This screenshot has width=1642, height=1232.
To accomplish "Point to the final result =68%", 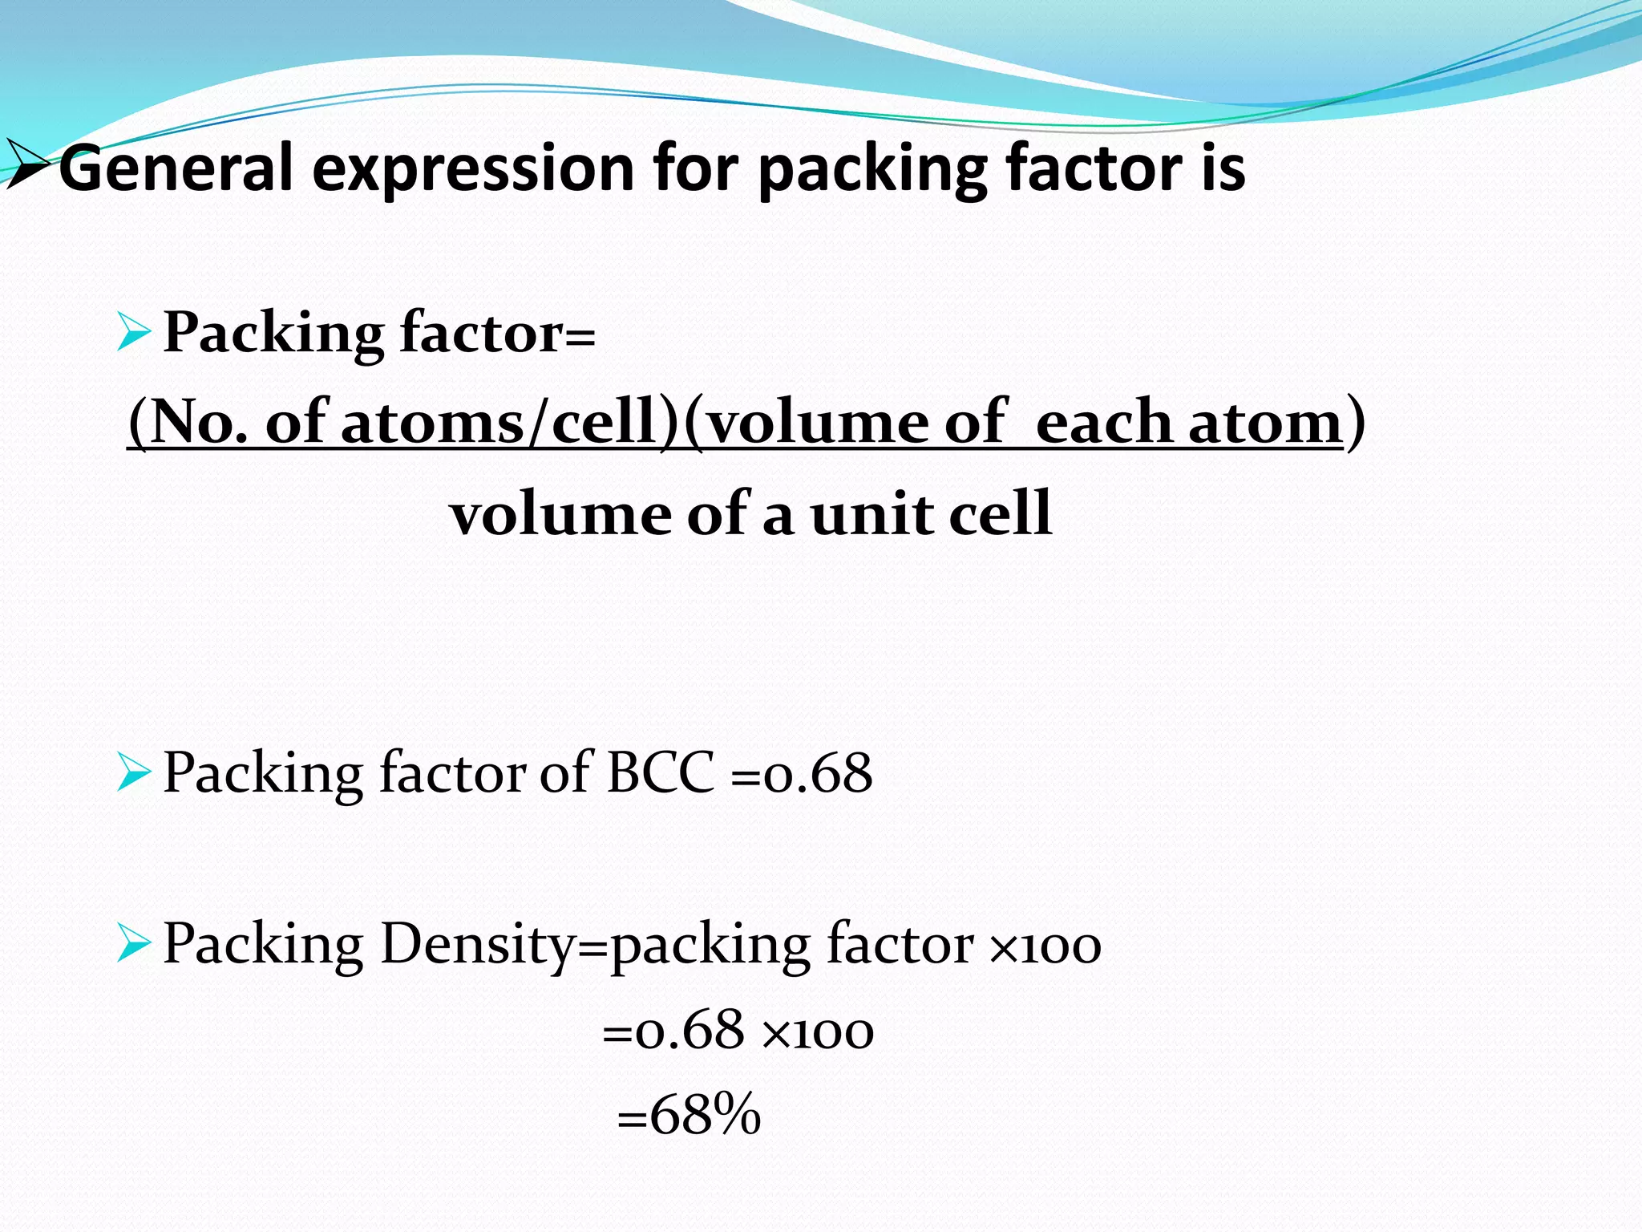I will click(690, 1114).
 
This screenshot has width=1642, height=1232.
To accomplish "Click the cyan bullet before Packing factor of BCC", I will click(133, 772).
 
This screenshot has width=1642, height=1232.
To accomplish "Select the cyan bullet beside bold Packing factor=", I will click(133, 332).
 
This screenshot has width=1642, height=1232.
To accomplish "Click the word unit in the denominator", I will click(871, 514).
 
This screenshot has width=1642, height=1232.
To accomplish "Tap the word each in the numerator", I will click(1104, 422).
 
